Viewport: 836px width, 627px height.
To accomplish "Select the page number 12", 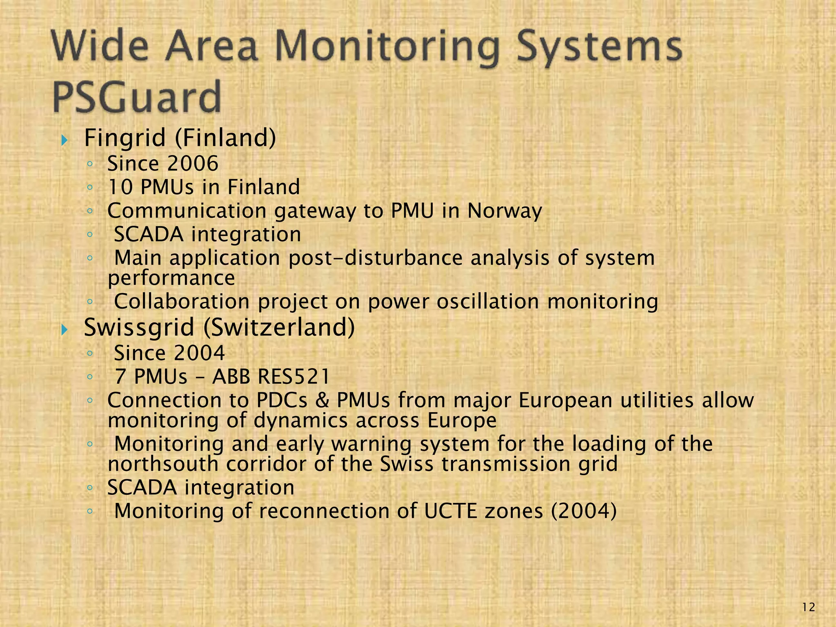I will (808, 608).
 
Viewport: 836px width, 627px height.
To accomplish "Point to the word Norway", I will (505, 211).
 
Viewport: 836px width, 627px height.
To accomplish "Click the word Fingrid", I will (125, 138).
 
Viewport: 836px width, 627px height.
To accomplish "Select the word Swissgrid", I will (139, 327).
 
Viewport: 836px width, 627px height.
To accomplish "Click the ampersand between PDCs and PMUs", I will (322, 400).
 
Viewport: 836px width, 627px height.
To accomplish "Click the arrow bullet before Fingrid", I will (64, 140).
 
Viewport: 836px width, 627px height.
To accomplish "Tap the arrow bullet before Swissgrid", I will (64, 330).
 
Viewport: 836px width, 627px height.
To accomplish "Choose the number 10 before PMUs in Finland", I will (120, 187).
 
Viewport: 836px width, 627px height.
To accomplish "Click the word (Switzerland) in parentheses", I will (279, 327).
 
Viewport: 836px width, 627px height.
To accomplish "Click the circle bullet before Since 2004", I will (90, 354).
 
